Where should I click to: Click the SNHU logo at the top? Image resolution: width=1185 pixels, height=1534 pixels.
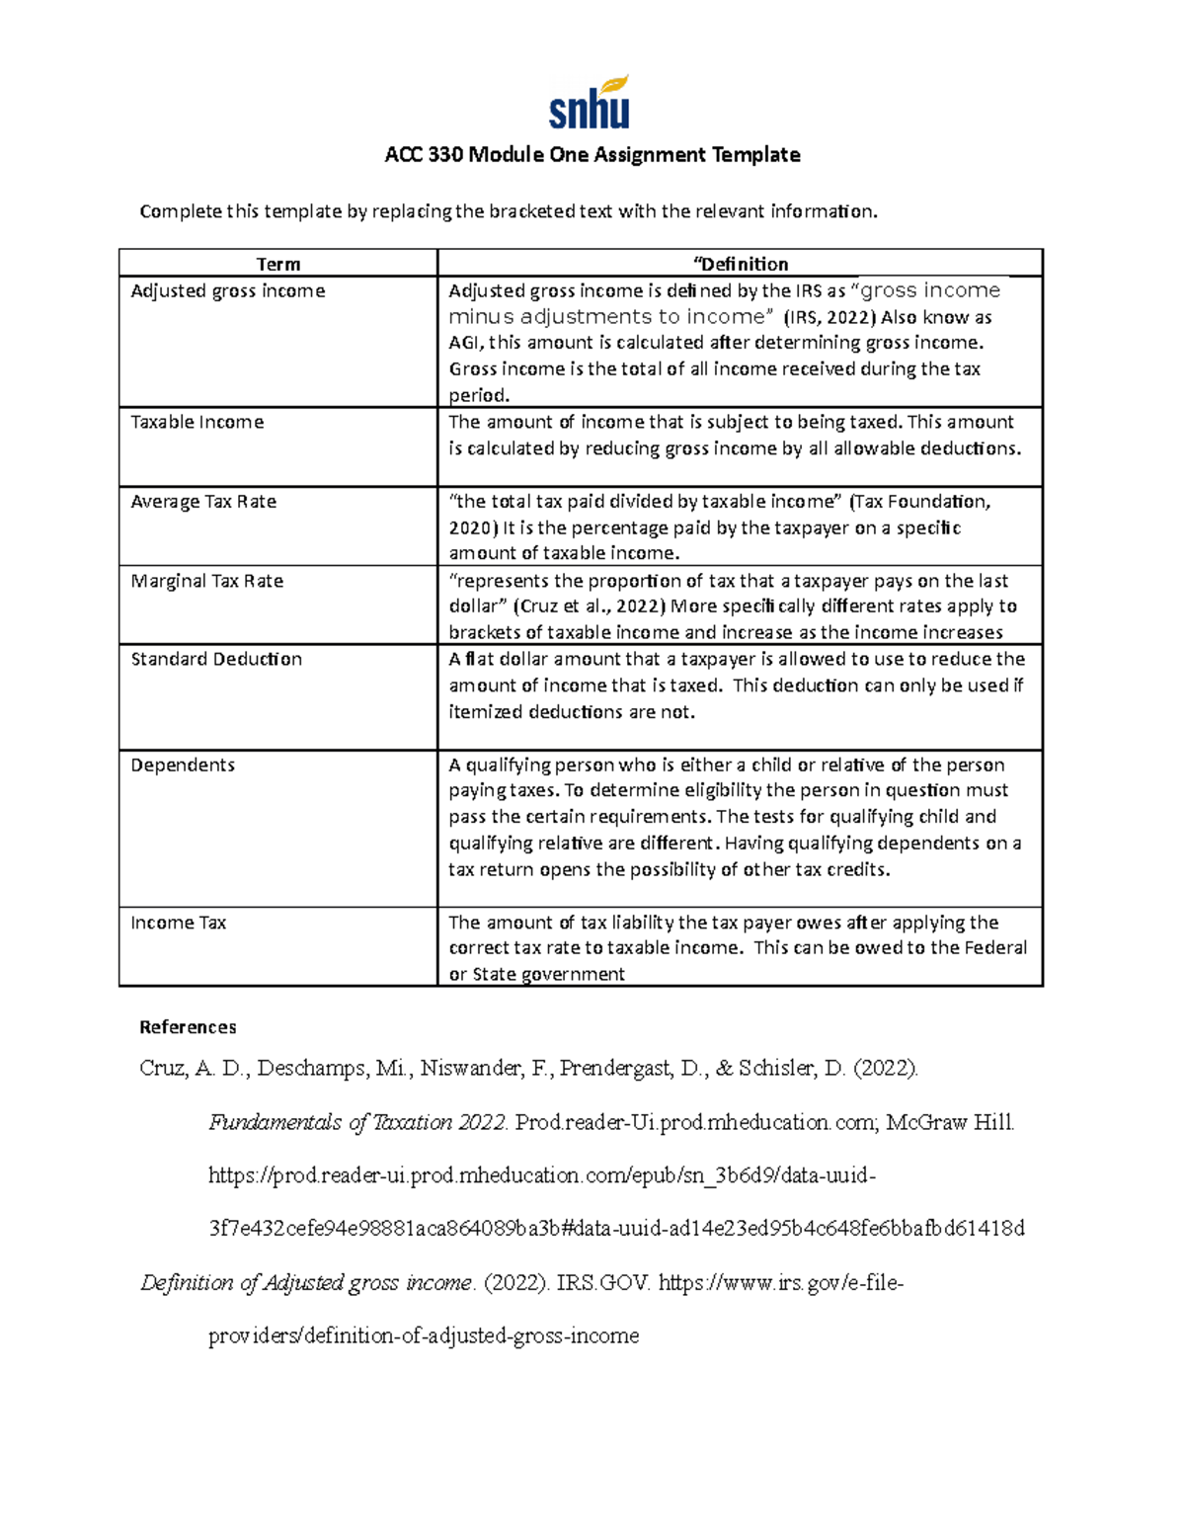590,103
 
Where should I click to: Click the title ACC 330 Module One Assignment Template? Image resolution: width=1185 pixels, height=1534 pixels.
592,154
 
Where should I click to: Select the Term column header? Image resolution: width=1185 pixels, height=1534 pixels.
277,264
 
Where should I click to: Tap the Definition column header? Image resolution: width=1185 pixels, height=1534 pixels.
742,264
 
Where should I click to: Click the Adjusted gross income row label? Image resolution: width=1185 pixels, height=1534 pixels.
228,290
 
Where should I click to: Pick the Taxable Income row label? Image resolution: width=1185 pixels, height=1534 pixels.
197,422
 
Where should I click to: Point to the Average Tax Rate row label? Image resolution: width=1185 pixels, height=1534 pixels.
203,501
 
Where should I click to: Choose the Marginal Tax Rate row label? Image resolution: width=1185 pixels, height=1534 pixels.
207,581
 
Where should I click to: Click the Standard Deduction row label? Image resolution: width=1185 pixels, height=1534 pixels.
216,659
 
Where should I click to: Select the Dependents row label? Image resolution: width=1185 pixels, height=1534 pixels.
183,765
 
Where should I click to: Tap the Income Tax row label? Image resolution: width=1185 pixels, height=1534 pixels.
179,923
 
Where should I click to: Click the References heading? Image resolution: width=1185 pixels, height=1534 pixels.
188,1027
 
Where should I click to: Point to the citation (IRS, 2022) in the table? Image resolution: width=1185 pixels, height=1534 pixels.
829,317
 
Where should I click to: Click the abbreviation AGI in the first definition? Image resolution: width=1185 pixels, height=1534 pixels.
464,343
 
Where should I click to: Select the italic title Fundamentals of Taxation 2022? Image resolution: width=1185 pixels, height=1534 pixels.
358,1122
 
